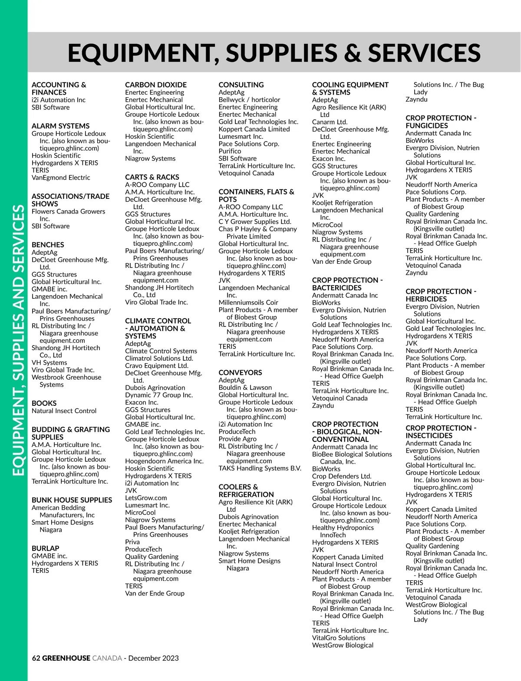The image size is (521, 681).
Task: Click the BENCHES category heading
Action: pos(48,245)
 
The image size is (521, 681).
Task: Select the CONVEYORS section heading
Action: pos(240,372)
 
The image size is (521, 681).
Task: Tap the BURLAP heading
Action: pos(45,548)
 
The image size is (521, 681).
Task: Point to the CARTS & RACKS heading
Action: pos(152,177)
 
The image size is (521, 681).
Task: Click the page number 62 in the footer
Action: pos(36,658)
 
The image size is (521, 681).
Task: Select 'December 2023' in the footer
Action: pos(153,658)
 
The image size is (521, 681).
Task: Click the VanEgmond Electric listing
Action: pos(61,178)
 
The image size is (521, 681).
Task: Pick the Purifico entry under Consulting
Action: pos(230,151)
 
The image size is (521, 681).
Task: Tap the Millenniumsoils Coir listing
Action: pos(248,303)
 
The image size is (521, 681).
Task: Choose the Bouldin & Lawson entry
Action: pos(245,388)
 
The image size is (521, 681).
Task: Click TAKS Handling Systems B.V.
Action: pos(260,468)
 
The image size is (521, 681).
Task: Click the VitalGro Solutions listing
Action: pos(339,638)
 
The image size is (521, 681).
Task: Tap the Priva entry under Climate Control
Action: pos(132,542)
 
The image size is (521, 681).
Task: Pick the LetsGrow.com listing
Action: pos(146,498)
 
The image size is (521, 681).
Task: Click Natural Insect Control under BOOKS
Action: pos(64,411)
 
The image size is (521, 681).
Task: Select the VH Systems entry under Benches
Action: pos(49,362)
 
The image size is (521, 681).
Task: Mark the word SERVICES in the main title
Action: pos(424,53)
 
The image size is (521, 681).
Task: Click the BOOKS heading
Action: pos(44,403)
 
